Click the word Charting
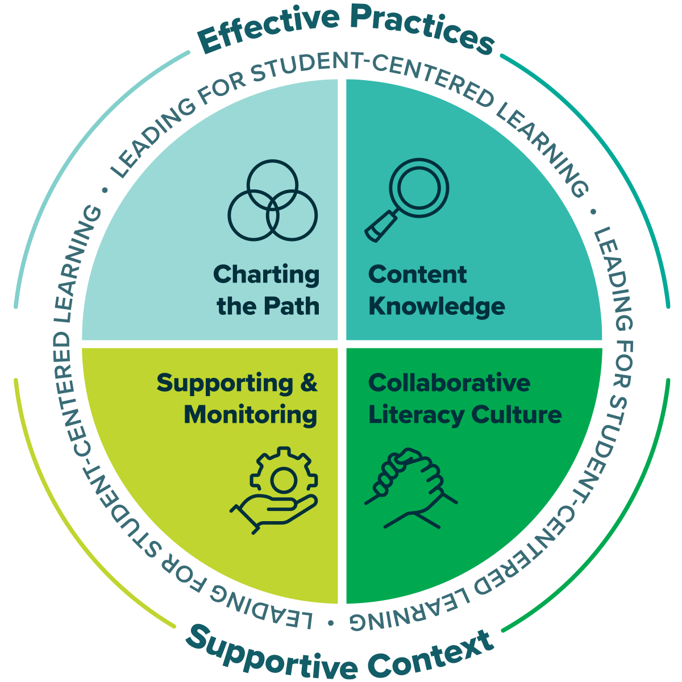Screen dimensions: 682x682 (x=267, y=276)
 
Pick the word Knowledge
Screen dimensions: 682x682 (x=436, y=307)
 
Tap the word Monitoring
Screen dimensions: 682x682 (x=250, y=415)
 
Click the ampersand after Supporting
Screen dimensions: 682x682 (x=309, y=383)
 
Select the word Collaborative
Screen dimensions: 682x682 (x=449, y=383)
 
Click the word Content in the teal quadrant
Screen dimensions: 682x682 (x=417, y=275)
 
